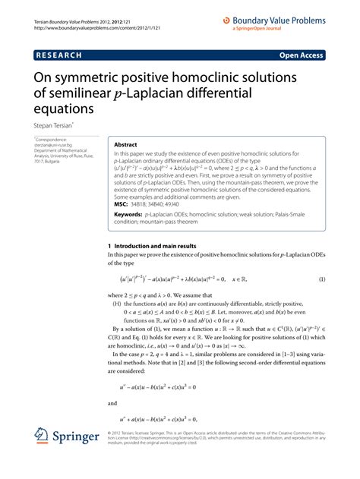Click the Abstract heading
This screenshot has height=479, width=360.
tap(125, 144)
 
